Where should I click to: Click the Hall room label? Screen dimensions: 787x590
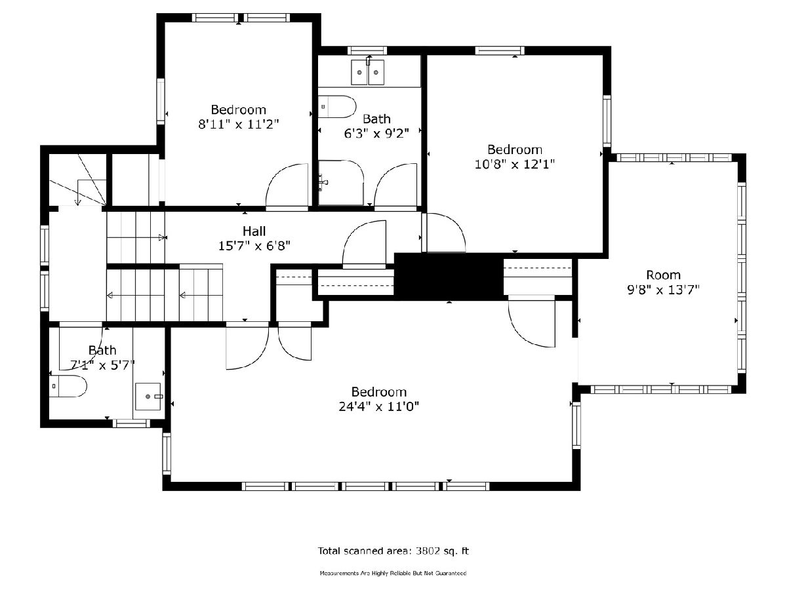point(254,231)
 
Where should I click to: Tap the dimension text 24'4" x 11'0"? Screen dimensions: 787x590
point(379,406)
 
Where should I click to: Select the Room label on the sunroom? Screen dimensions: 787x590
point(663,275)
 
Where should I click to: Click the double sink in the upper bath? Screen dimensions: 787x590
point(367,72)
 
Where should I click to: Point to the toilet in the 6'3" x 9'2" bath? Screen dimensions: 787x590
point(337,106)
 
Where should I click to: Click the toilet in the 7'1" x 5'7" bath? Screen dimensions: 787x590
point(68,386)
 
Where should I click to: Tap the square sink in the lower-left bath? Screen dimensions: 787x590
point(148,396)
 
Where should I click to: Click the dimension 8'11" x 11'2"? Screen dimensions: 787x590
point(239,125)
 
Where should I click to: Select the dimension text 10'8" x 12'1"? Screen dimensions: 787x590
point(515,165)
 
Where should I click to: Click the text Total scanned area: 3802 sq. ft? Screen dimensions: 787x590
point(393,551)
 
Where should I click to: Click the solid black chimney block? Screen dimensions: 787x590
point(449,276)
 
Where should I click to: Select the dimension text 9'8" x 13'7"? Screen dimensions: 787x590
point(663,290)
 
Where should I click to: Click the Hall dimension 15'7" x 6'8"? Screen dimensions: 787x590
point(254,246)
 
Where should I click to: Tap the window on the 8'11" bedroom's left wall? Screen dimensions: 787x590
point(160,102)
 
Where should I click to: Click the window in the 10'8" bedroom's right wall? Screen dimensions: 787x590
point(607,121)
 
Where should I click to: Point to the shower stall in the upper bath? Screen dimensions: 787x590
point(341,183)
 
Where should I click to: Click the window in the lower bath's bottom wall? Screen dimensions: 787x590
point(132,423)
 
